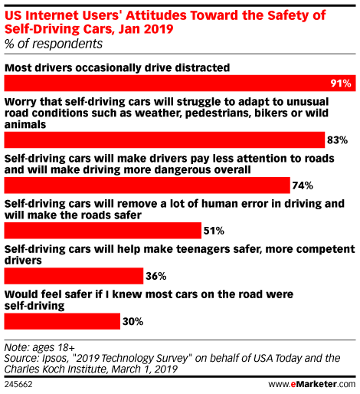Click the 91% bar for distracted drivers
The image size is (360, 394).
(x=180, y=83)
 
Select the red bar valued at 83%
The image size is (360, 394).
(x=165, y=140)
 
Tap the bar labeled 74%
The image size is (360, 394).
(x=147, y=186)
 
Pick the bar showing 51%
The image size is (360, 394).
(x=103, y=231)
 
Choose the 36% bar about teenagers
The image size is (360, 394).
(x=74, y=276)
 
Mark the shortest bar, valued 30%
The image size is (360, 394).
(x=62, y=321)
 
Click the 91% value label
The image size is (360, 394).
(x=341, y=84)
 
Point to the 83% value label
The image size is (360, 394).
(x=337, y=140)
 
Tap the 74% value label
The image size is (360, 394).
(x=303, y=186)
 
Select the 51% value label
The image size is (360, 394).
(x=214, y=231)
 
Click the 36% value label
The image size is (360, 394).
(x=156, y=276)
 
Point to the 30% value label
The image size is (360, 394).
(x=133, y=321)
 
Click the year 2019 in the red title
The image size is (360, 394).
(x=159, y=28)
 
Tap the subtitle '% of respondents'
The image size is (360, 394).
(x=54, y=44)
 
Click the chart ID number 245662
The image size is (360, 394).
(x=18, y=384)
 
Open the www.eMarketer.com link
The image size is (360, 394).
(x=312, y=384)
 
